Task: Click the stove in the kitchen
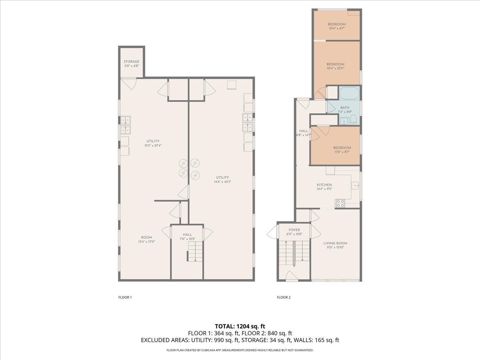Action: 340,203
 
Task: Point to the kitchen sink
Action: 355,186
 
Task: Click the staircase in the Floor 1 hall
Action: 195,252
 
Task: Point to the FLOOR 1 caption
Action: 125,297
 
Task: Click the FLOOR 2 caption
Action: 284,297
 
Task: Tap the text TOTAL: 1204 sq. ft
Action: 240,326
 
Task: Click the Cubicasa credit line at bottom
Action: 240,350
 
